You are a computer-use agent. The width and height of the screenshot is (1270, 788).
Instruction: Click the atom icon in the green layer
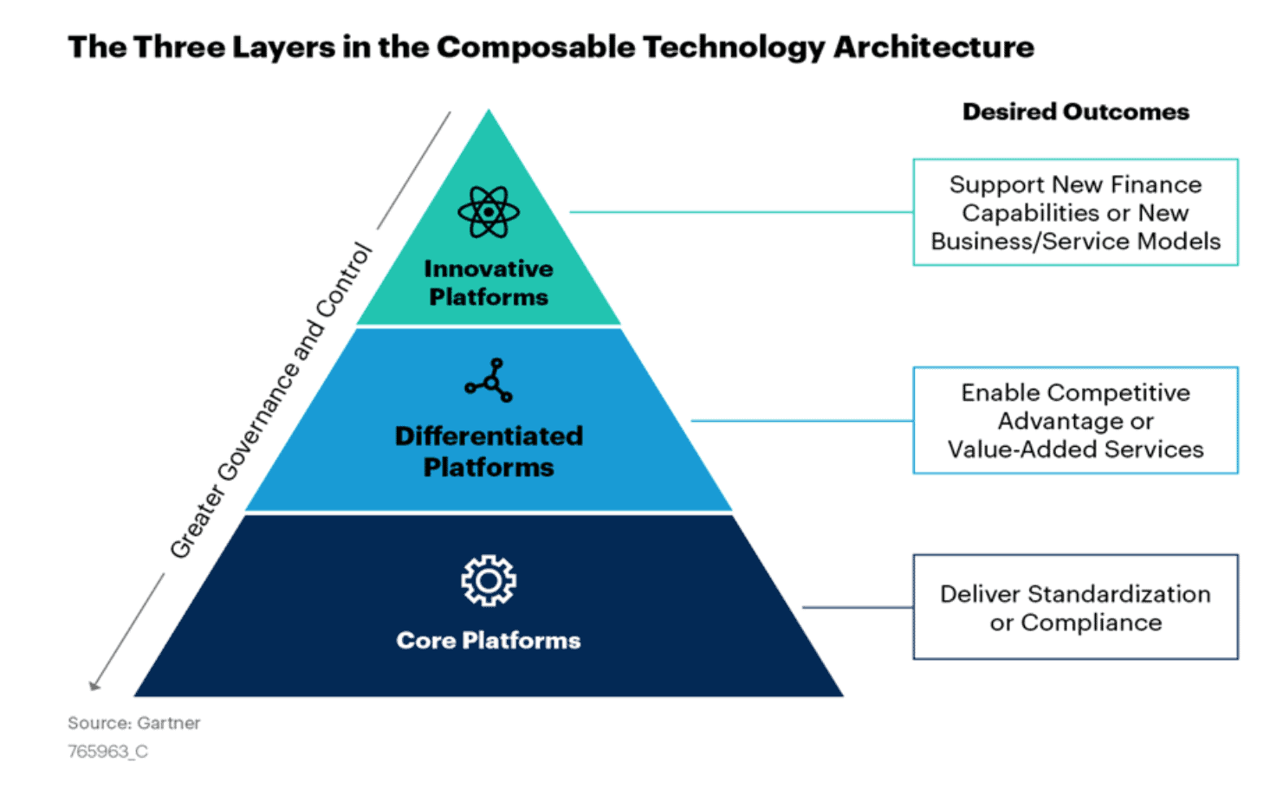[489, 211]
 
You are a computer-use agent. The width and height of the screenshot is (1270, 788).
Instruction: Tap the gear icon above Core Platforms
[489, 580]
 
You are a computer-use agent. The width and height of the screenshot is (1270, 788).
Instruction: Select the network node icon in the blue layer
[489, 380]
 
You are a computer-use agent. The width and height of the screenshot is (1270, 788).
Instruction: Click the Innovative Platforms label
[489, 283]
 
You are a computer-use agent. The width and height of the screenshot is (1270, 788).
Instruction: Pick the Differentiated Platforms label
[489, 451]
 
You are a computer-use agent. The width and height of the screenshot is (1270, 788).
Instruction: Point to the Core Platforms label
[489, 641]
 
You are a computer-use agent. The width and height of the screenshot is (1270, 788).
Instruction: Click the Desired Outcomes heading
[1075, 112]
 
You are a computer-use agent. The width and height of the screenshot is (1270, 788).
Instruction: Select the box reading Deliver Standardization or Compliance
[1075, 607]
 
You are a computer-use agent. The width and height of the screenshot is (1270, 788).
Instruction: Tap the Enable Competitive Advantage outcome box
[1075, 421]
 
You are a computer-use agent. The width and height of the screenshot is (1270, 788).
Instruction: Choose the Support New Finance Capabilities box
[1075, 212]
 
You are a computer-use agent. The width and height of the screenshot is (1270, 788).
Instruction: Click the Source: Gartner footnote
[134, 723]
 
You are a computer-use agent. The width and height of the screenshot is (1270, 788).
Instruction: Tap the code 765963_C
[108, 752]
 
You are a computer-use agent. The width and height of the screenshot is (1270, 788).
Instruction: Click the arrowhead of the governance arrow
[94, 686]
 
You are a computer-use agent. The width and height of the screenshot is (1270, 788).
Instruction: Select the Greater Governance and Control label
[271, 402]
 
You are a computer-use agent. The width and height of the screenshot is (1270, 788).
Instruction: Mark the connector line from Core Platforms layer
[858, 607]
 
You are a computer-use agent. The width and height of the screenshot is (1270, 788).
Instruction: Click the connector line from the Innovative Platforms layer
[741, 212]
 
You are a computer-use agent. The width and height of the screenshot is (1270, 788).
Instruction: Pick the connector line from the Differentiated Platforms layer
[801, 421]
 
